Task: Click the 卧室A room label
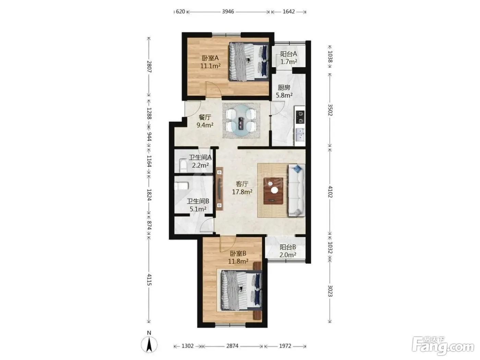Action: (210, 58)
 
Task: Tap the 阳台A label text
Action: (288, 54)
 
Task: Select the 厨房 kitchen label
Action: (284, 88)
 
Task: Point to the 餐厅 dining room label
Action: (205, 117)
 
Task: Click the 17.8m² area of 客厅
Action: (242, 192)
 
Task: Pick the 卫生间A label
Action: (200, 157)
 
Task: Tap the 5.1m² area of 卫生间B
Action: (198, 209)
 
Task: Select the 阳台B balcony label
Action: (288, 247)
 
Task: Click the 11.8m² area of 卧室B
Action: (238, 261)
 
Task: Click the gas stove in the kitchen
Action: (300, 117)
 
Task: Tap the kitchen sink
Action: (300, 135)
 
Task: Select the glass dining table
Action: (241, 121)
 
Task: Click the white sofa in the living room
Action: (297, 190)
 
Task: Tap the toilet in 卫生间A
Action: (183, 166)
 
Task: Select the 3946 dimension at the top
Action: (228, 12)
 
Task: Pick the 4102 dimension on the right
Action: (330, 192)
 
